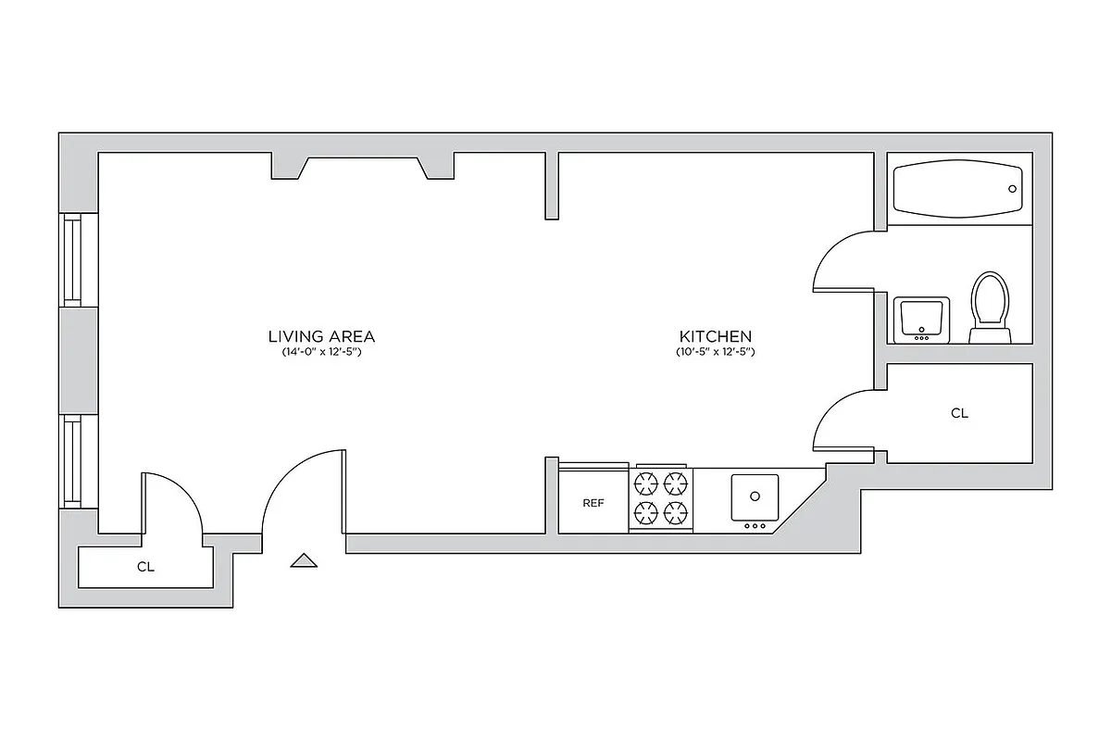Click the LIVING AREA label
(x=320, y=336)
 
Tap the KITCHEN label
(x=715, y=336)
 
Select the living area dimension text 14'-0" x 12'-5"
(x=320, y=353)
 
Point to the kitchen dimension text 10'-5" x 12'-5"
(x=715, y=353)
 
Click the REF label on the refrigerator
(x=593, y=503)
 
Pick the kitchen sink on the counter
(x=755, y=497)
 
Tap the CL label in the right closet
(x=959, y=414)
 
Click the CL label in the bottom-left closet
(x=145, y=568)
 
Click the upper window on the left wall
(x=71, y=260)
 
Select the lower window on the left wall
(x=71, y=460)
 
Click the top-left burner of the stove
(x=644, y=483)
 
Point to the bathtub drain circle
(x=1012, y=189)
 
